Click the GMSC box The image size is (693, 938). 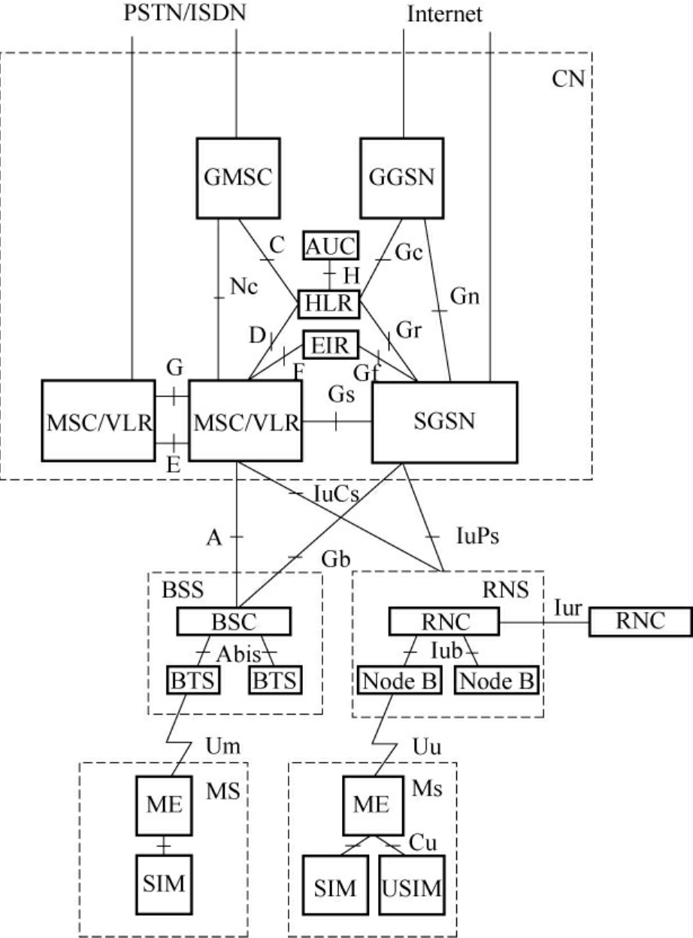237,178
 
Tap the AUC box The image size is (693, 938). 331,245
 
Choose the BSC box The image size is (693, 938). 233,622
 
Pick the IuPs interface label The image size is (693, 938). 478,537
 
